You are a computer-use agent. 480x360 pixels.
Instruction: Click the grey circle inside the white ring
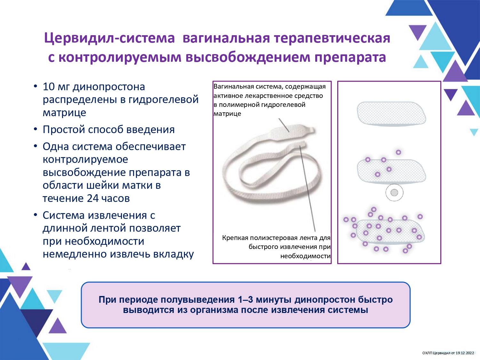394,193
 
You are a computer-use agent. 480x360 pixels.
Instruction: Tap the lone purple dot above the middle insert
398,152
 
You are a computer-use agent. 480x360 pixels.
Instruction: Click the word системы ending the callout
348,310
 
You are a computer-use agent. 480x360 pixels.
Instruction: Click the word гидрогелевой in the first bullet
163,100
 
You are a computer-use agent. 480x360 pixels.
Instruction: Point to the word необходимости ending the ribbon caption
305,256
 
